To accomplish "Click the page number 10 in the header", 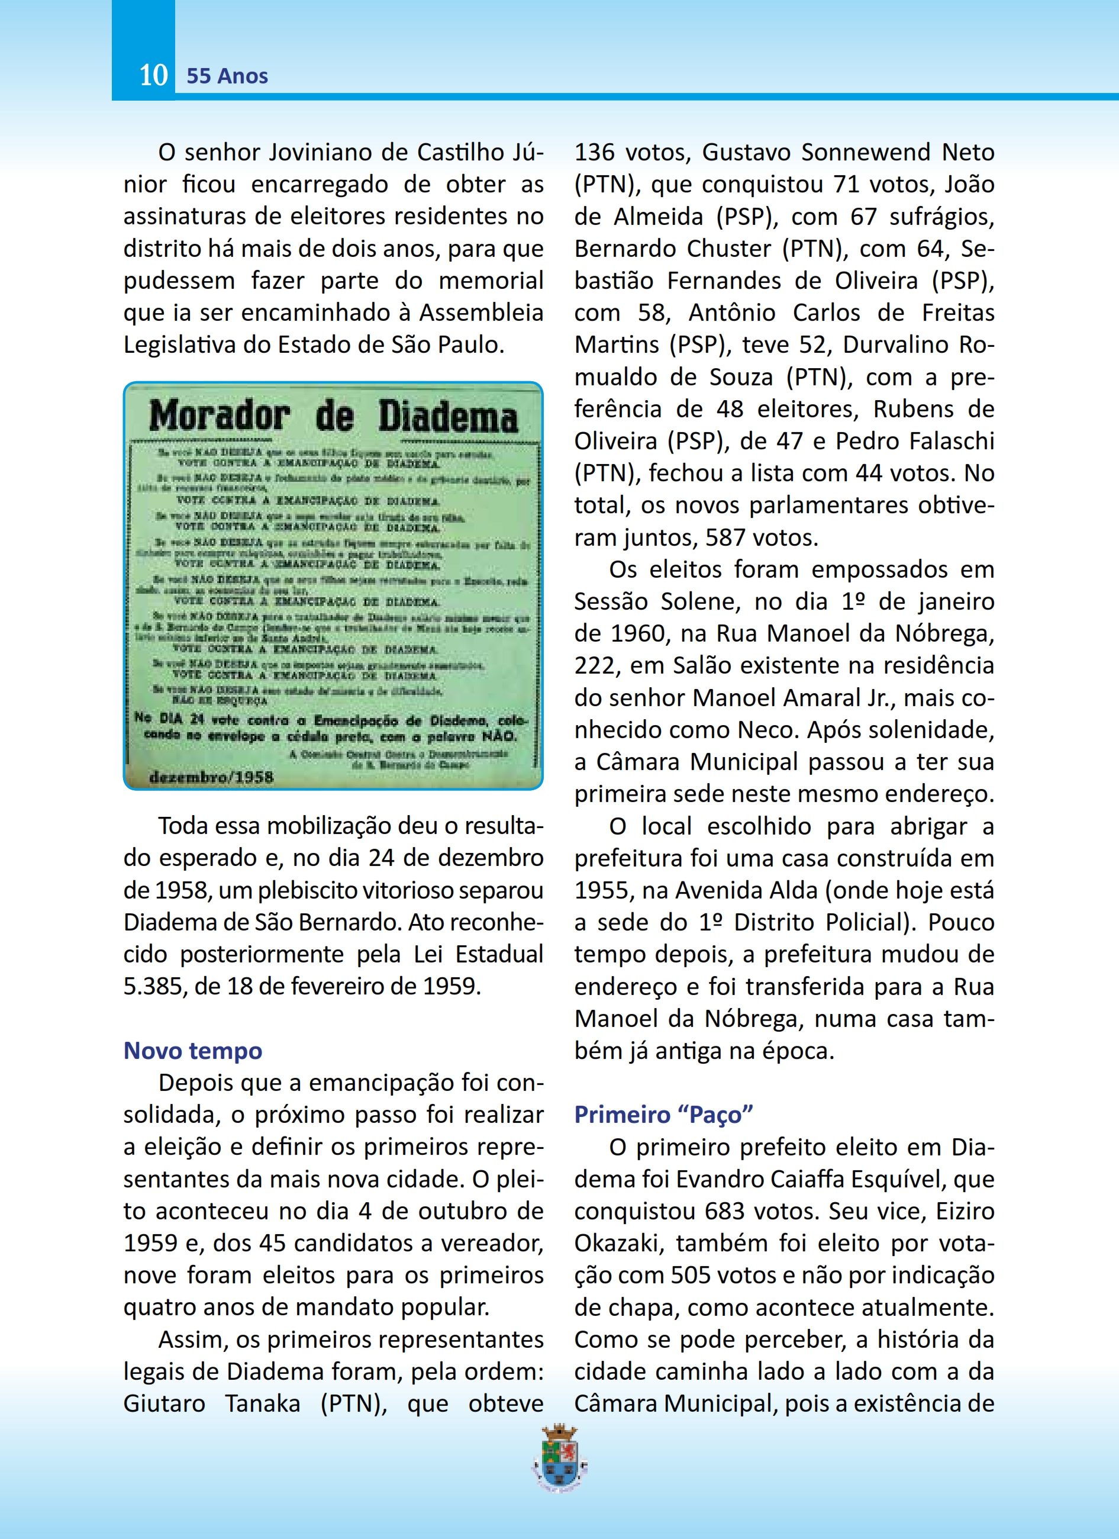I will [x=153, y=75].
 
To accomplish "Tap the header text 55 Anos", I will [x=227, y=76].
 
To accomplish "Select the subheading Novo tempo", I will [x=192, y=1051].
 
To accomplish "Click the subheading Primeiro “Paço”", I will [x=663, y=1114].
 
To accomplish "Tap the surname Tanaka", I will [x=263, y=1403].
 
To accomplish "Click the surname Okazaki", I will [x=617, y=1243].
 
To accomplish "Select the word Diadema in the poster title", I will [x=447, y=417].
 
